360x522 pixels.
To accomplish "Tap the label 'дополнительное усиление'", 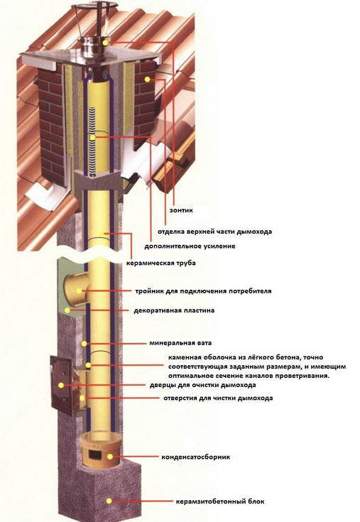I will click(190, 246).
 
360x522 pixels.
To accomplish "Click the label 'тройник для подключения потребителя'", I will click(203, 291).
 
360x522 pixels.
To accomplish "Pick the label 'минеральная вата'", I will click(177, 342).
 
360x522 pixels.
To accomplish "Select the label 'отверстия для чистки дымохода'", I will click(217, 398).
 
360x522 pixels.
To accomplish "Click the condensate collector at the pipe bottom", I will click(98, 447).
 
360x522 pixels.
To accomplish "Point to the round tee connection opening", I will click(73, 288).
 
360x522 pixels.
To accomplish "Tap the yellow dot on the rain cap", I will click(106, 43).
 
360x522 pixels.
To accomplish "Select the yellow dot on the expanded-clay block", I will click(109, 501).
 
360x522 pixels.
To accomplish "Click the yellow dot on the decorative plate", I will click(67, 310).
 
